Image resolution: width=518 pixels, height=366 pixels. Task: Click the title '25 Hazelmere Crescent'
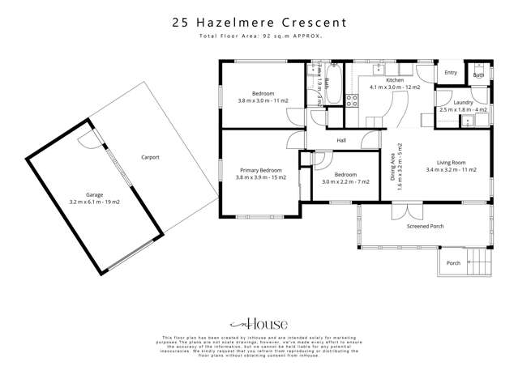click(x=259, y=23)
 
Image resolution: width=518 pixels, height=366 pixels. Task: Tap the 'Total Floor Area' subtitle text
click(x=259, y=37)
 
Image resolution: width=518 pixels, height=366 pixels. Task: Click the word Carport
click(x=150, y=157)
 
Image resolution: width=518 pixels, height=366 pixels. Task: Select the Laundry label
click(x=460, y=103)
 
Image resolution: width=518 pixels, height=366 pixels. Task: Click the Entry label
click(x=451, y=73)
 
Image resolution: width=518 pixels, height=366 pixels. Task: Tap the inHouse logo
click(x=258, y=320)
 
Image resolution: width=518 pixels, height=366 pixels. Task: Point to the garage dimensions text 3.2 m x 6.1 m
click(x=88, y=201)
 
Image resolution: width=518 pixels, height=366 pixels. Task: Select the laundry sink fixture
click(x=467, y=121)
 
